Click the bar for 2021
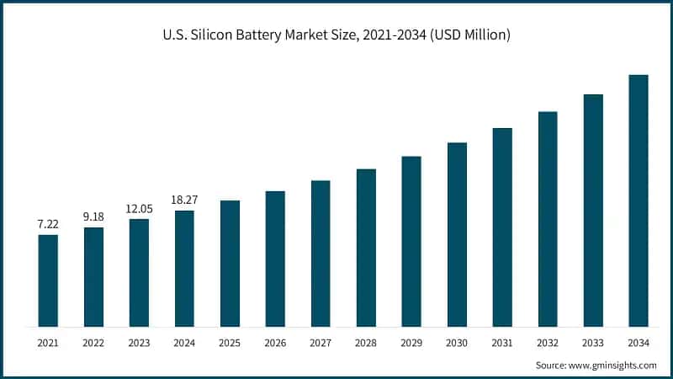tap(48, 280)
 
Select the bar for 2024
tap(184, 269)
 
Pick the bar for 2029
tap(411, 242)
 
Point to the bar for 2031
tap(502, 227)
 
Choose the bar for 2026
tap(275, 259)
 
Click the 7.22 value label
tap(48, 225)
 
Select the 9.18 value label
tap(93, 217)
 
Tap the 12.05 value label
tap(139, 209)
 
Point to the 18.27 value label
tap(184, 200)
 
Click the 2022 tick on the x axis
tap(93, 343)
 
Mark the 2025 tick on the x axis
tap(230, 343)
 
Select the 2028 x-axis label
tap(366, 343)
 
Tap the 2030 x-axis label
tap(457, 343)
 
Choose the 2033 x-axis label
tap(593, 343)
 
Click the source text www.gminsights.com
tap(615, 365)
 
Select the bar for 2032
tap(548, 219)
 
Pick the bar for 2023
tap(139, 273)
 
